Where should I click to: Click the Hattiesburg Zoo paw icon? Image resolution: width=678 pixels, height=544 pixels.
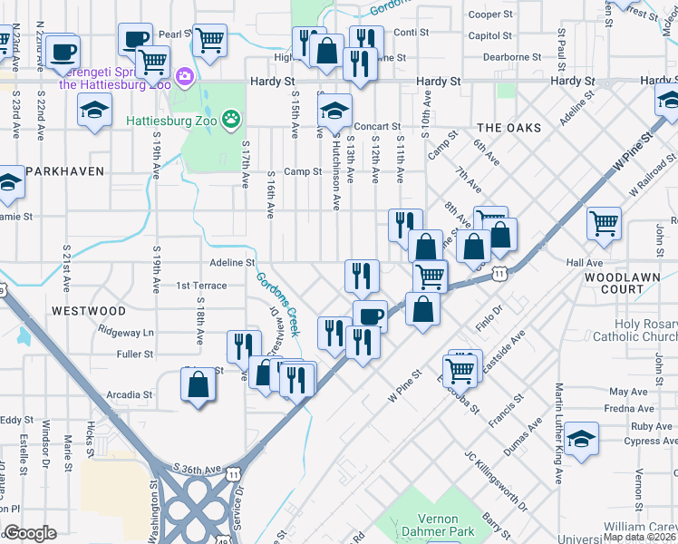[233, 118]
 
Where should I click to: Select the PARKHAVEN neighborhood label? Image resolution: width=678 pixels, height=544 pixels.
[64, 170]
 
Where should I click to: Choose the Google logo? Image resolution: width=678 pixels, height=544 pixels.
[30, 534]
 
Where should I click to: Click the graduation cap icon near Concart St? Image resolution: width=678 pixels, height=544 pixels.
[334, 111]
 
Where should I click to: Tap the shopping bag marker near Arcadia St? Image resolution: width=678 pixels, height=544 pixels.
[198, 384]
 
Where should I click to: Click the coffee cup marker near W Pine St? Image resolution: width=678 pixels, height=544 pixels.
[370, 316]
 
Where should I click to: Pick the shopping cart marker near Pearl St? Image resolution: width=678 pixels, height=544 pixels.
[209, 39]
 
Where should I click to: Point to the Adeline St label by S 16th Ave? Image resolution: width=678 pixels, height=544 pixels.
[232, 263]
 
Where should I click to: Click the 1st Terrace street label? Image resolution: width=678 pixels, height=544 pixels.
[201, 286]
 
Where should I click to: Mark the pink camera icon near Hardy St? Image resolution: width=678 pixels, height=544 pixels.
[186, 76]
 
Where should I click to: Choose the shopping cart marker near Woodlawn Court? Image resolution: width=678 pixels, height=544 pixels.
[604, 222]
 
